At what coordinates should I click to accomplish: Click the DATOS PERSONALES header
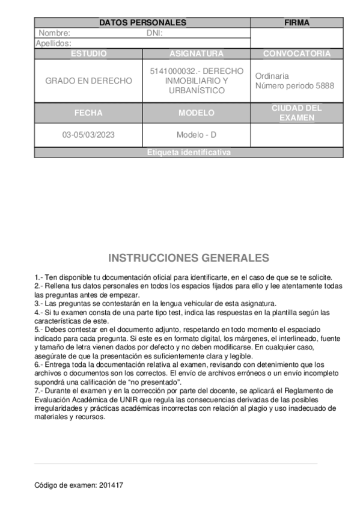pyautogui.click(x=142, y=23)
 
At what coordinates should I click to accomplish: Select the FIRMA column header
pyautogui.click(x=297, y=23)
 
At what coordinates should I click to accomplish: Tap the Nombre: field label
pyautogui.click(x=55, y=34)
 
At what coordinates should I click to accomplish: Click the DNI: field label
pyautogui.click(x=155, y=34)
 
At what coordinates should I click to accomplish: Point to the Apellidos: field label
pyautogui.click(x=54, y=43)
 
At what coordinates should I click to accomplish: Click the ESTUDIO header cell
pyautogui.click(x=88, y=54)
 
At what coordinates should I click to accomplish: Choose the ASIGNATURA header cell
pyautogui.click(x=197, y=54)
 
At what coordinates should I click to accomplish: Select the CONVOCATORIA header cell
pyautogui.click(x=297, y=54)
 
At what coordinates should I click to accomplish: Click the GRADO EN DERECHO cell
pyautogui.click(x=88, y=81)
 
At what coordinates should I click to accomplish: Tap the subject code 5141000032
pyautogui.click(x=170, y=71)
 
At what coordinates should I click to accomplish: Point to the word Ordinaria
pyautogui.click(x=272, y=76)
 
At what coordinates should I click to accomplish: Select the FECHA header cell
pyautogui.click(x=88, y=112)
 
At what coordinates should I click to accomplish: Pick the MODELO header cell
pyautogui.click(x=197, y=112)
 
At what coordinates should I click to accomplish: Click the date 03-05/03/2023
pyautogui.click(x=88, y=135)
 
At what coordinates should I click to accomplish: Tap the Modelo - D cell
pyautogui.click(x=197, y=135)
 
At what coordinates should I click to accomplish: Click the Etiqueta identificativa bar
pyautogui.click(x=189, y=153)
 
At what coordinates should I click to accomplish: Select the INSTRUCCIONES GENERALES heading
pyautogui.click(x=189, y=258)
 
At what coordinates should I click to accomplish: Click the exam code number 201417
pyautogui.click(x=111, y=485)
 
